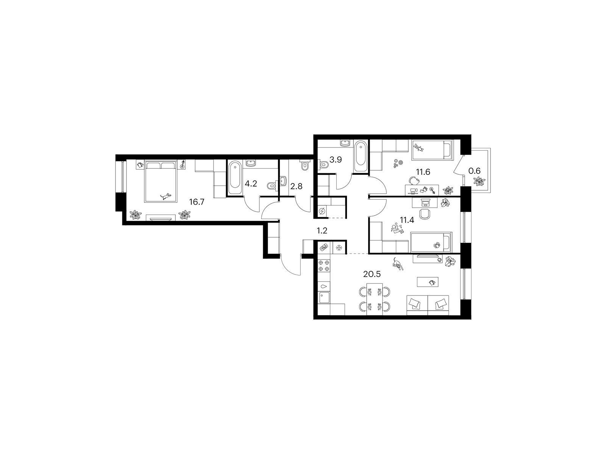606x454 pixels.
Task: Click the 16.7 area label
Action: coord(197,202)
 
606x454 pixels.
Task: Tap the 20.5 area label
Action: coord(372,274)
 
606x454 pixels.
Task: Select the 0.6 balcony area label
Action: coord(474,171)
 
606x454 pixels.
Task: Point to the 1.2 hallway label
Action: coord(322,231)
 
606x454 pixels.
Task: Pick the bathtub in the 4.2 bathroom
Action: coord(235,178)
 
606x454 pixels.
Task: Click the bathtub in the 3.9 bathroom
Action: coord(361,157)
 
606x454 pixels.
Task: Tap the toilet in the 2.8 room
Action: coord(305,165)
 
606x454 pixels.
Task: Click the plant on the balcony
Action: coord(479,181)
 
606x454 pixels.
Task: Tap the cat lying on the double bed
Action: coord(166,196)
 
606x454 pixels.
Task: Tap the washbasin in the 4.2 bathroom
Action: coord(251,164)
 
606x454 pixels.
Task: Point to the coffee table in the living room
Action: coord(427,282)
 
